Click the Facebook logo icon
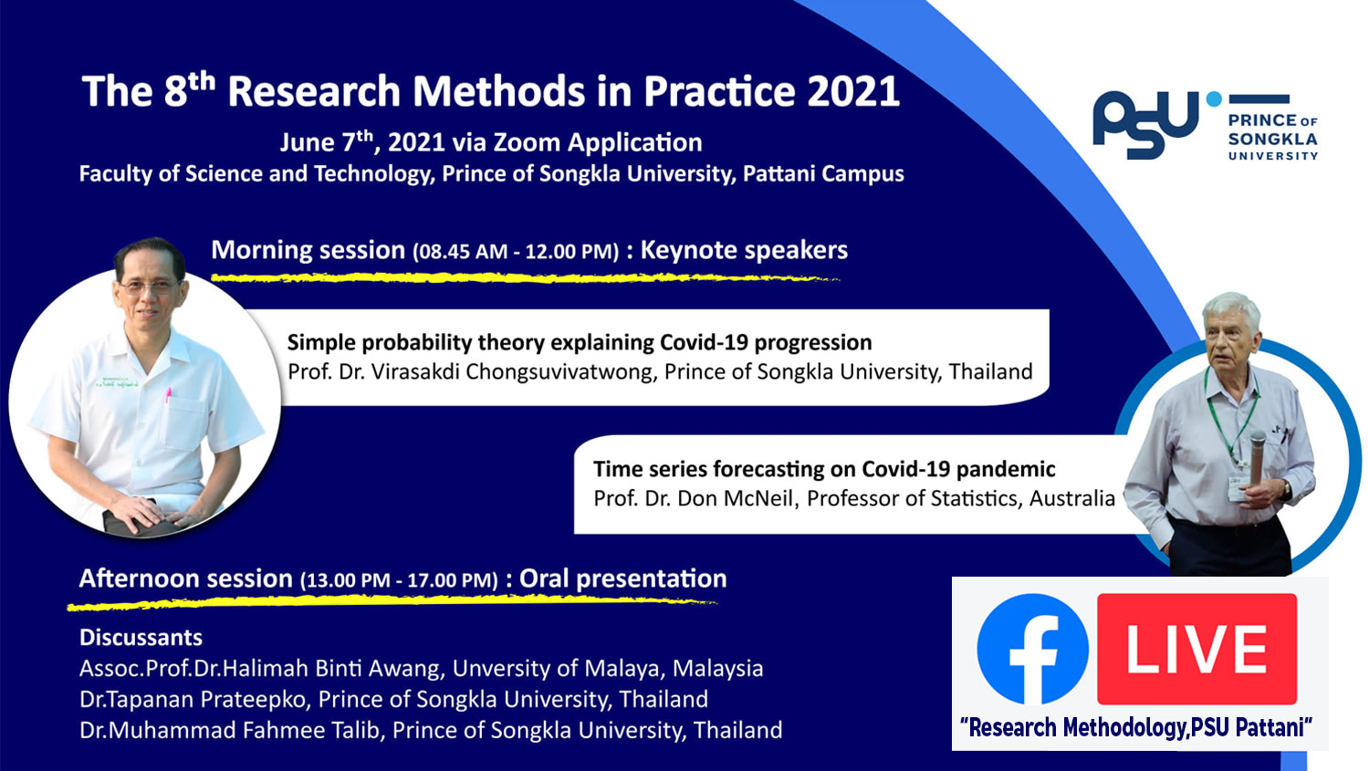point(1032,649)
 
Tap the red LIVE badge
point(1197,649)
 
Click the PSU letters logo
point(1145,125)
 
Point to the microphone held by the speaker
point(1257,457)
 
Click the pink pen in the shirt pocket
point(167,395)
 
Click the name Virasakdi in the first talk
point(415,371)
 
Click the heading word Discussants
point(141,638)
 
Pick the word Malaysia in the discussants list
point(717,669)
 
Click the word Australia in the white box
point(1072,498)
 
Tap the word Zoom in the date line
point(527,142)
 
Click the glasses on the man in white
point(149,286)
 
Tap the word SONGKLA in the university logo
point(1272,140)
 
